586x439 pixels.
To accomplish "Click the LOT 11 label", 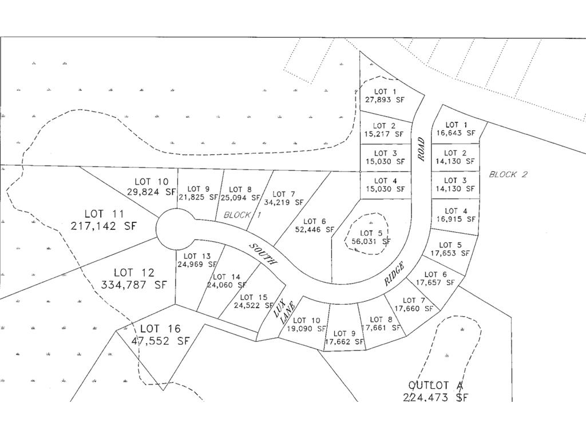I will click(104, 214).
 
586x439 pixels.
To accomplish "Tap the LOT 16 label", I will click(160, 329).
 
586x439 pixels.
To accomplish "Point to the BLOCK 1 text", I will click(242, 215).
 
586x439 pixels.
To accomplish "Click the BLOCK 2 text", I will click(508, 174).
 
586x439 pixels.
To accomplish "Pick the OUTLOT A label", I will click(435, 385).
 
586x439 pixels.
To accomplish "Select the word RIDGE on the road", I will click(394, 274).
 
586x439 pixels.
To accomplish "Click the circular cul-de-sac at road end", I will click(176, 229).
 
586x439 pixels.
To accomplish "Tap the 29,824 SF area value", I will click(151, 192).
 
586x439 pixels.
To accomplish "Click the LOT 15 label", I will click(254, 297).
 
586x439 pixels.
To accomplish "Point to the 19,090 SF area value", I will click(308, 329).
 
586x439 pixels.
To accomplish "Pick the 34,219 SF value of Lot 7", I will click(284, 202).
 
